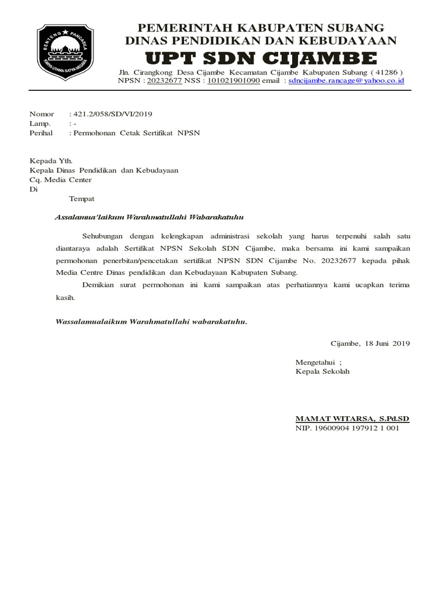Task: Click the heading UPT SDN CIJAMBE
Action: [261, 58]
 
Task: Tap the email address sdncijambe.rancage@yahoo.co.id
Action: [346, 81]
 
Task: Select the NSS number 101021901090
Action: [233, 81]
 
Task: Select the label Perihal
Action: [41, 133]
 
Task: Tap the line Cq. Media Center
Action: [61, 180]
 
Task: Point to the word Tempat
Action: [82, 199]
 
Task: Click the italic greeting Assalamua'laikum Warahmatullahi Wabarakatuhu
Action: [148, 217]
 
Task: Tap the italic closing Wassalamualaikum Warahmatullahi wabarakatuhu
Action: [151, 321]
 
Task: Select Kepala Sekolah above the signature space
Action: [322, 371]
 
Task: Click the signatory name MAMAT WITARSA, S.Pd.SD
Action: [353, 418]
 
